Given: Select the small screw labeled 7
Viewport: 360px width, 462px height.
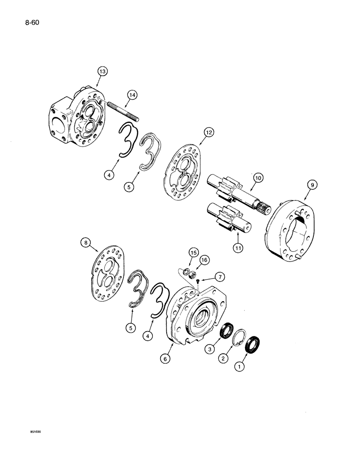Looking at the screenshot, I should tap(198, 281).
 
